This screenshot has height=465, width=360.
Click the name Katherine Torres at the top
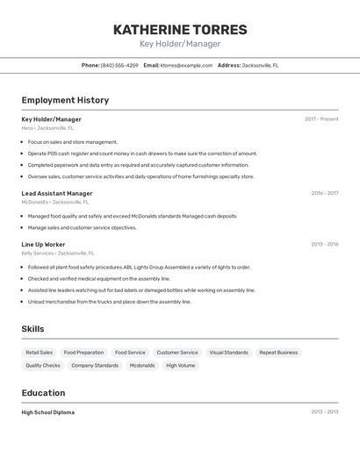point(180,29)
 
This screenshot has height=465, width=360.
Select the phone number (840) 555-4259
point(119,65)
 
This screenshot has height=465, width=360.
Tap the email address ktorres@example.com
point(186,65)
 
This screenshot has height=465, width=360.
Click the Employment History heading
point(65,101)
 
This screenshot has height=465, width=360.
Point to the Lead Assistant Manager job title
point(57,193)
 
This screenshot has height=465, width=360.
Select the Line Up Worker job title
point(43,245)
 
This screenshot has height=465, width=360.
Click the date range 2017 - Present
point(321,119)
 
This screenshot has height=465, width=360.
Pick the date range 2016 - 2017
point(324,193)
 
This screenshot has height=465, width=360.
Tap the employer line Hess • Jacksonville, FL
point(47,128)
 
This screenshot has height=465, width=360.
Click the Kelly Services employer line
point(57,253)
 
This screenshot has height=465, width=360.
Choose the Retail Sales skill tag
point(40,353)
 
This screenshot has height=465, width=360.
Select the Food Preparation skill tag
point(83,353)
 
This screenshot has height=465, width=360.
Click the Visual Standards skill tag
point(228,353)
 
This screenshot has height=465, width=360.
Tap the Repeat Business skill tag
point(278,353)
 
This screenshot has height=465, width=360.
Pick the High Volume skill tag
point(181,366)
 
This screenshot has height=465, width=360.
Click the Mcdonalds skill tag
point(142,366)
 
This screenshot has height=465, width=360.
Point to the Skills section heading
point(32,329)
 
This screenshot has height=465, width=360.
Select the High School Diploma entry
point(47,412)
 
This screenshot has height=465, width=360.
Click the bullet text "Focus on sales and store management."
point(72,142)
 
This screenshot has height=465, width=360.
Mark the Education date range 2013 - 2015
point(324,411)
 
